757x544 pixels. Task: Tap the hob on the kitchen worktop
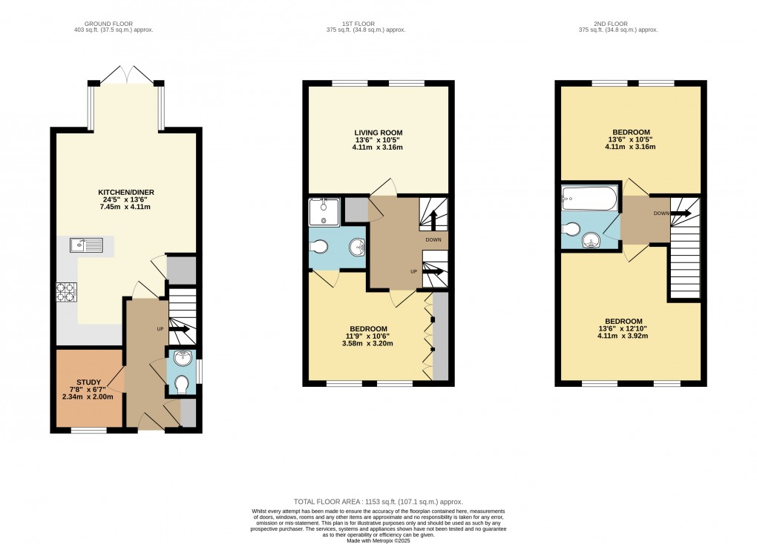65,293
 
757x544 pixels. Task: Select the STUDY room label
88,382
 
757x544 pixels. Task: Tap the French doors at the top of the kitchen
126,74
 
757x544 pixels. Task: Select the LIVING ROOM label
378,133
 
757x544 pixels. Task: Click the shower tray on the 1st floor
324,212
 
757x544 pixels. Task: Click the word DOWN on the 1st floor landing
433,240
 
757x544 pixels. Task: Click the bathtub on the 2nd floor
589,198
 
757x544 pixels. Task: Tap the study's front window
88,430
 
